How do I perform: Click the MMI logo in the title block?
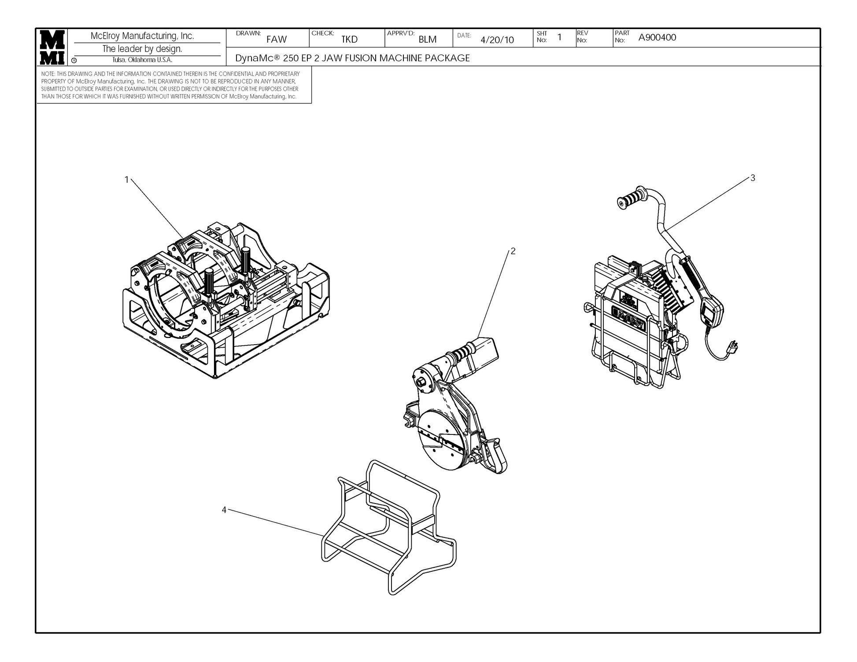(x=52, y=47)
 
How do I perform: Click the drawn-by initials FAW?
(x=276, y=40)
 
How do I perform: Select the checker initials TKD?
(x=349, y=40)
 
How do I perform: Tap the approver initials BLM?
(x=427, y=40)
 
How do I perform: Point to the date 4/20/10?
(x=497, y=40)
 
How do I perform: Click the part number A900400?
(x=657, y=37)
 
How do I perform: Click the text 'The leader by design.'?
(x=142, y=49)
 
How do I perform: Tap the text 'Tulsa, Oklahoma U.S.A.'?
(x=142, y=60)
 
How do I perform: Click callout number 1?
(x=127, y=180)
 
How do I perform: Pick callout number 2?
(x=513, y=251)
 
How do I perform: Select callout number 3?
(x=753, y=178)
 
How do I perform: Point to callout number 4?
(x=224, y=510)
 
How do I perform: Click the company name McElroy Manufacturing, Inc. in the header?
(x=142, y=36)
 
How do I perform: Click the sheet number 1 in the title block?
(x=559, y=37)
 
